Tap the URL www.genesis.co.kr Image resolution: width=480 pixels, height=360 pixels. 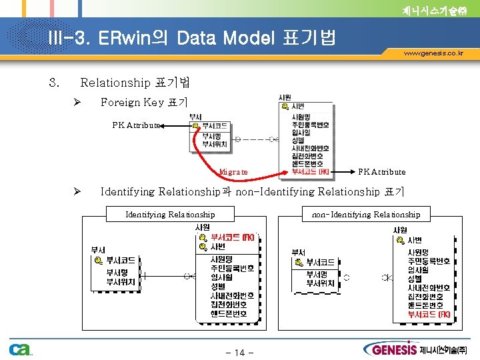pyautogui.click(x=433, y=53)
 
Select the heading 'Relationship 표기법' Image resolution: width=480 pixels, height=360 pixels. pyautogui.click(x=135, y=83)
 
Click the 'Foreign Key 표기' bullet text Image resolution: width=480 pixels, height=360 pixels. pyautogui.click(x=144, y=102)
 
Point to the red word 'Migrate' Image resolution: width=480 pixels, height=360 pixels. pyautogui.click(x=233, y=172)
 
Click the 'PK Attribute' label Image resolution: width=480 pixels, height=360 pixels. pyautogui.click(x=136, y=125)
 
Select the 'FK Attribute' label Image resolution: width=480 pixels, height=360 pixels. pyautogui.click(x=382, y=172)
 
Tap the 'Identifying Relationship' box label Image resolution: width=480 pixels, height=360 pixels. pyautogui.click(x=170, y=214)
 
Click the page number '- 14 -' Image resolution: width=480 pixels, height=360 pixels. pyautogui.click(x=239, y=352)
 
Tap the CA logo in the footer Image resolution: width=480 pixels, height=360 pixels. pyautogui.click(x=19, y=349)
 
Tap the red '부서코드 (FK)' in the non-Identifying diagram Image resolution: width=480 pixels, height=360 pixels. pyautogui.click(x=429, y=313)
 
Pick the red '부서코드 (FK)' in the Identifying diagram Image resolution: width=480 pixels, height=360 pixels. pyautogui.click(x=231, y=237)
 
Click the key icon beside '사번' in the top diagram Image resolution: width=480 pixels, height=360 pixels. pyautogui.click(x=285, y=107)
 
